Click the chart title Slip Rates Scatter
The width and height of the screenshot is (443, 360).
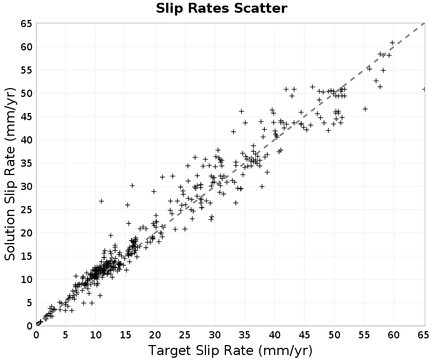click(x=221, y=8)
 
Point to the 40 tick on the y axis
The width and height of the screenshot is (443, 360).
click(x=27, y=140)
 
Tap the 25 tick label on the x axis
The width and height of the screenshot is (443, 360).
click(x=185, y=335)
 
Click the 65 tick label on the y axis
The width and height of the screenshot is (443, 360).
click(x=27, y=24)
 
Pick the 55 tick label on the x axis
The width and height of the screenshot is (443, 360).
click(x=364, y=335)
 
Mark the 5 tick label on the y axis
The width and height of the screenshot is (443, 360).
click(x=30, y=302)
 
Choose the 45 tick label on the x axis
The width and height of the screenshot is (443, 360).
click(x=304, y=335)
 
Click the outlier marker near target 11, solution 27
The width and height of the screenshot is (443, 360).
click(x=101, y=201)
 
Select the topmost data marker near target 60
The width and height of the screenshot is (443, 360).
click(x=392, y=43)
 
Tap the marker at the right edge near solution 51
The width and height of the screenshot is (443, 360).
click(x=424, y=89)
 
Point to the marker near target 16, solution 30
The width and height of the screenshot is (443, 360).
click(x=132, y=186)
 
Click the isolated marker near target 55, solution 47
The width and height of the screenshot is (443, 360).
click(x=365, y=109)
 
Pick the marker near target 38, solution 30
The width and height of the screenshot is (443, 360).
click(x=262, y=187)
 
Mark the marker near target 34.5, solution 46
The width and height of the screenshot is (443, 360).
click(x=241, y=111)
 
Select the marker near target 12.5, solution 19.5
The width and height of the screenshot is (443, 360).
click(x=111, y=235)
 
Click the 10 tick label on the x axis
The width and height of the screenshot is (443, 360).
click(x=95, y=335)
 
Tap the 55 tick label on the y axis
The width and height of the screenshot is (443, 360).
click(x=27, y=70)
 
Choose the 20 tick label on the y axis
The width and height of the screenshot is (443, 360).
click(x=27, y=233)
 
